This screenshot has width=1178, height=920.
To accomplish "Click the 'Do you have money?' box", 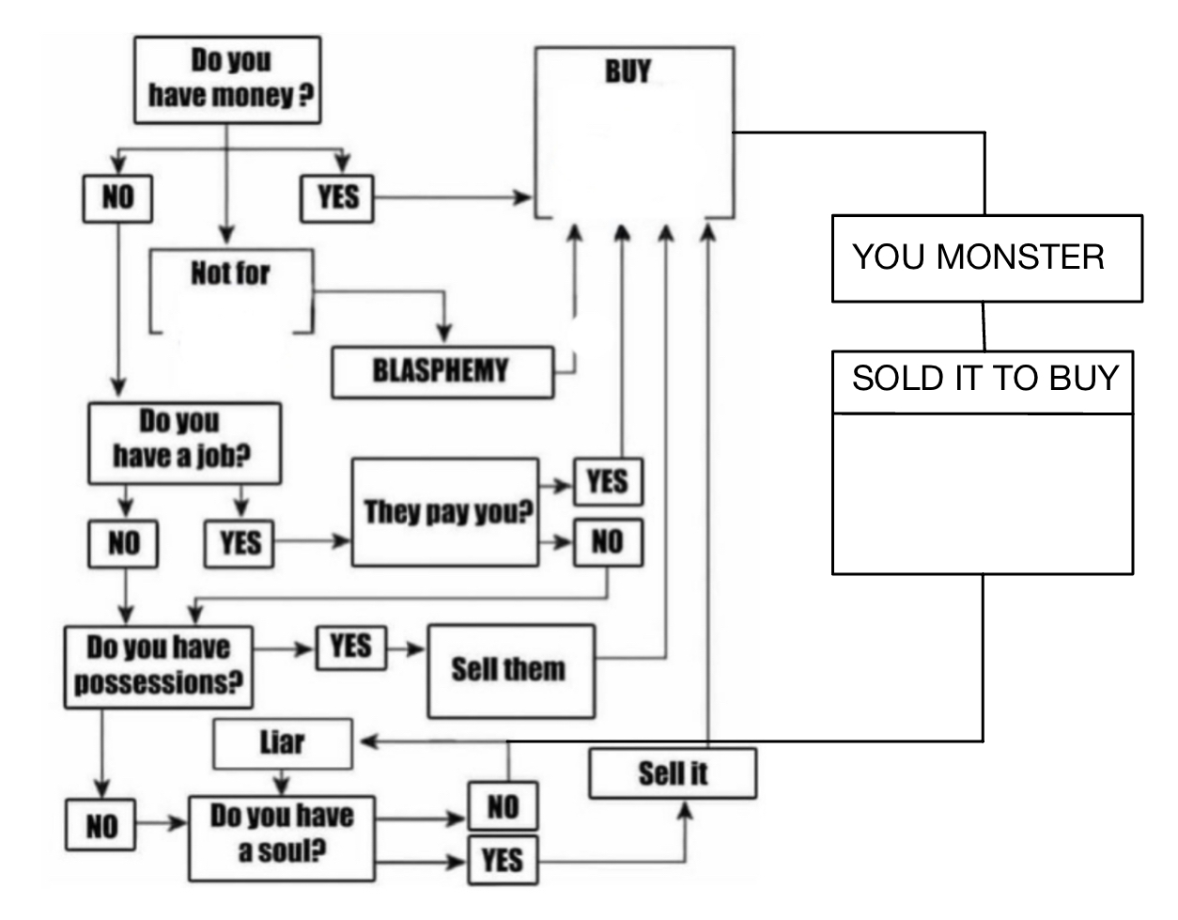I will [x=227, y=80].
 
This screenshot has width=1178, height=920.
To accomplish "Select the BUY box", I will [x=634, y=132].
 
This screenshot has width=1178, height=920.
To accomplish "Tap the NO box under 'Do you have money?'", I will [x=117, y=198].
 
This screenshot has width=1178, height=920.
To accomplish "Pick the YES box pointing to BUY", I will [x=337, y=198].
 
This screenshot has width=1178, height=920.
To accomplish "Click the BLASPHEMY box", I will [x=442, y=371].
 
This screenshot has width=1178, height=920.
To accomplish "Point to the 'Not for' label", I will [x=231, y=274].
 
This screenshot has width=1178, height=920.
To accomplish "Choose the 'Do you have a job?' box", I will [x=184, y=442].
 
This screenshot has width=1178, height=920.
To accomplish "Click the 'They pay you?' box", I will [x=445, y=512].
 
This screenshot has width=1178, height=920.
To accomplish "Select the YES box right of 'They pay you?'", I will [x=608, y=482].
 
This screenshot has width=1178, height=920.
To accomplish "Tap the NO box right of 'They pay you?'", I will [x=608, y=542].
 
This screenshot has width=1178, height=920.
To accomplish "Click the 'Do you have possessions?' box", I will [x=159, y=666].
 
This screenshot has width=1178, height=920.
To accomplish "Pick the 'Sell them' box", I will [x=510, y=670].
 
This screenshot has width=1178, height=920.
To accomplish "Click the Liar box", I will [x=283, y=743].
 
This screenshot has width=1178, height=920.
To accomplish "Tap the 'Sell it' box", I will [x=673, y=773].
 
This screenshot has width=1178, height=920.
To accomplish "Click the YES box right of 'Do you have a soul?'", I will [x=503, y=859].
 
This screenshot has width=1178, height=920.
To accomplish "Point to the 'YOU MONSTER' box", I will [x=986, y=257].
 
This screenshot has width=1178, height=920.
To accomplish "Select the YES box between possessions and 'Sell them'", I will [x=350, y=647].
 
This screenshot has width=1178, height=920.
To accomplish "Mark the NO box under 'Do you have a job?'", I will [x=123, y=543].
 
